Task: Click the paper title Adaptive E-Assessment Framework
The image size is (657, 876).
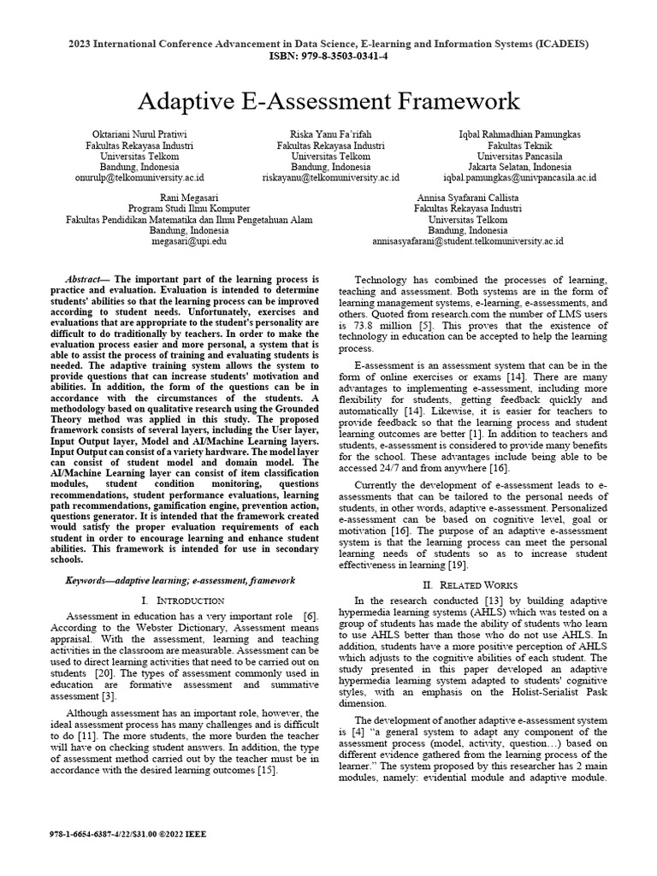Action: [x=328, y=101]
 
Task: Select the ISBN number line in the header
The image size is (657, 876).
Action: [x=328, y=56]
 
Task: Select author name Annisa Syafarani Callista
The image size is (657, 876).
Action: [x=467, y=197]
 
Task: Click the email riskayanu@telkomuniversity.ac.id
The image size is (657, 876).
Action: [x=330, y=178]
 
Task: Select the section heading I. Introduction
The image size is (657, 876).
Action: [x=182, y=601]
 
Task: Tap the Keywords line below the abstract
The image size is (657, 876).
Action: [x=180, y=580]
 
